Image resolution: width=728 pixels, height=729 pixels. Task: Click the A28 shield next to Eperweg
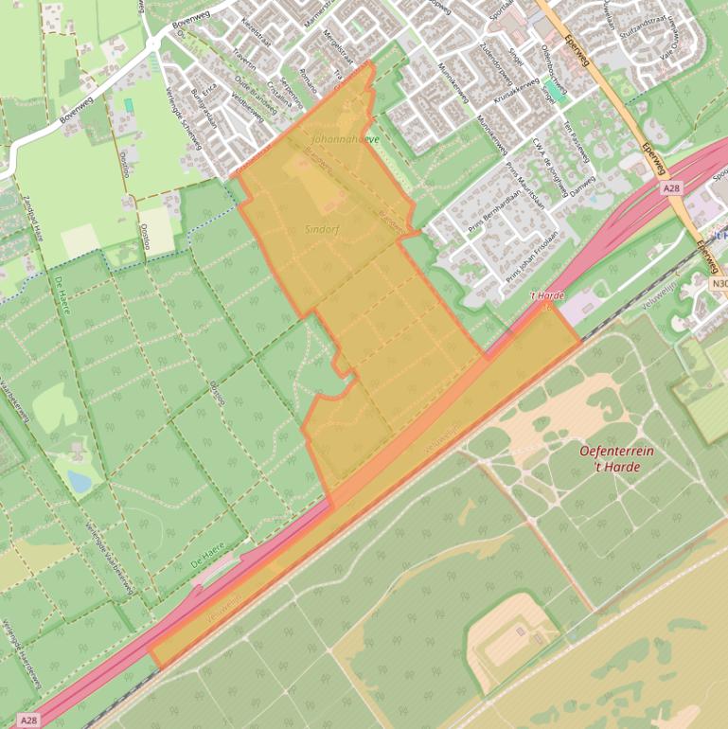672,189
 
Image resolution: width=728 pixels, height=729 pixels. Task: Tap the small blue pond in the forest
80,483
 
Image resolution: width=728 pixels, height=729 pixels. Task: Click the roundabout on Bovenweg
152,44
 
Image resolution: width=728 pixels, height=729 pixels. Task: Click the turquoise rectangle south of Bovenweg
129,103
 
